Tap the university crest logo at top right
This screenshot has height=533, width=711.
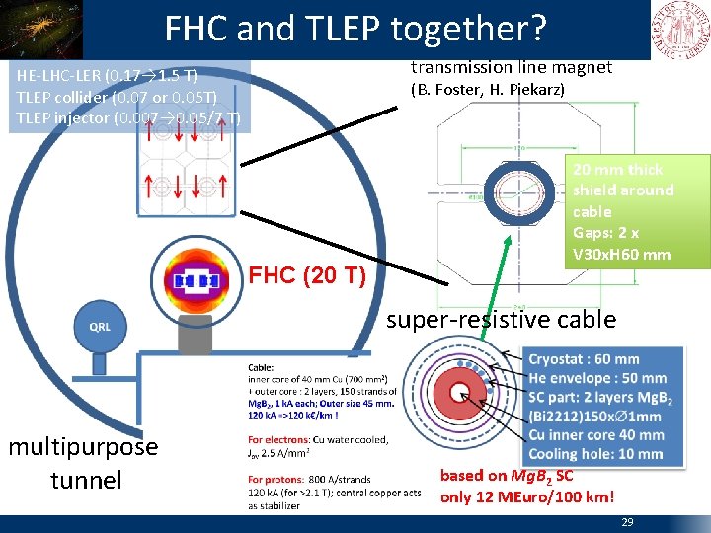[x=679, y=28]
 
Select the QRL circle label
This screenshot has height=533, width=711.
[x=100, y=327]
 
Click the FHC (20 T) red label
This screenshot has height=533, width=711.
[x=306, y=275]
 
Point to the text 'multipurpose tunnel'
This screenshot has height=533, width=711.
[x=83, y=463]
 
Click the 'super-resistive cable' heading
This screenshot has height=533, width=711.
[x=501, y=319]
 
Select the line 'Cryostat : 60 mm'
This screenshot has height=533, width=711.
[x=584, y=359]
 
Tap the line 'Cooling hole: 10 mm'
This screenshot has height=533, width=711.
[x=595, y=454]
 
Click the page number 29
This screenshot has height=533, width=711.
[x=627, y=522]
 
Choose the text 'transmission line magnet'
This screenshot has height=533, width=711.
[x=512, y=67]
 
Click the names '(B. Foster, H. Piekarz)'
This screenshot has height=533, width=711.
[x=488, y=90]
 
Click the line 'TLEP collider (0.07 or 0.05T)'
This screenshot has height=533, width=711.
[x=117, y=96]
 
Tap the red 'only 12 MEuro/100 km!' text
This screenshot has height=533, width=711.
[x=526, y=496]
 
